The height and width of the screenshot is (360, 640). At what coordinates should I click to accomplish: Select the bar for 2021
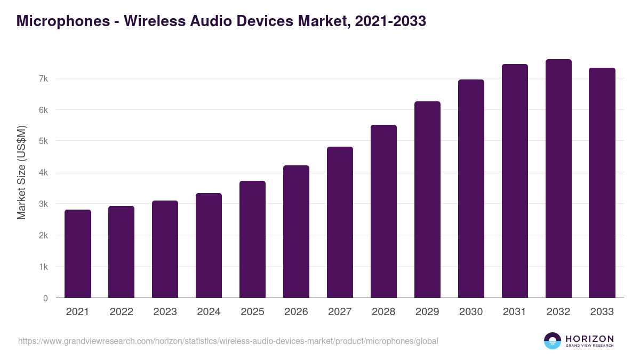pyautogui.click(x=78, y=254)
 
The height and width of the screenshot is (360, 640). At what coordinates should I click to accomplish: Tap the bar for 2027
pyautogui.click(x=340, y=222)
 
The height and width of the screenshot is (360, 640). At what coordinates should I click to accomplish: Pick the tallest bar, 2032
pyautogui.click(x=558, y=179)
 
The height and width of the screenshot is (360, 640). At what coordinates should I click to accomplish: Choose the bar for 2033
pyautogui.click(x=602, y=183)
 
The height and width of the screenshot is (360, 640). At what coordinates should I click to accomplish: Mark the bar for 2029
pyautogui.click(x=427, y=199)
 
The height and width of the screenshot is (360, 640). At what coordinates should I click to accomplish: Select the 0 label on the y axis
pyautogui.click(x=45, y=298)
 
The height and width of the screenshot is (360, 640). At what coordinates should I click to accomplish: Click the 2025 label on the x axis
pyautogui.click(x=252, y=312)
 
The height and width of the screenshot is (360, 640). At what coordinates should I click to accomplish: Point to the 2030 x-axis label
pyautogui.click(x=471, y=312)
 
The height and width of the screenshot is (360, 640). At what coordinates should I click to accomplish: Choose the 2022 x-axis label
pyautogui.click(x=121, y=312)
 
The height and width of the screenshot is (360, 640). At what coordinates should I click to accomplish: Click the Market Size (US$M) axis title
pyautogui.click(x=22, y=172)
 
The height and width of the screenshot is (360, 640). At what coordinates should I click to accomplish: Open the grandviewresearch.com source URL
pyautogui.click(x=228, y=341)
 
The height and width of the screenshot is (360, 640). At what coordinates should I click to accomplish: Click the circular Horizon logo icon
pyautogui.click(x=553, y=341)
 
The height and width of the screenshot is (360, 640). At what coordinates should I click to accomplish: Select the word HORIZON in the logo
pyautogui.click(x=589, y=339)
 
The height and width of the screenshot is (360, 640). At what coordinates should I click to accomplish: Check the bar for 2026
pyautogui.click(x=296, y=231)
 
